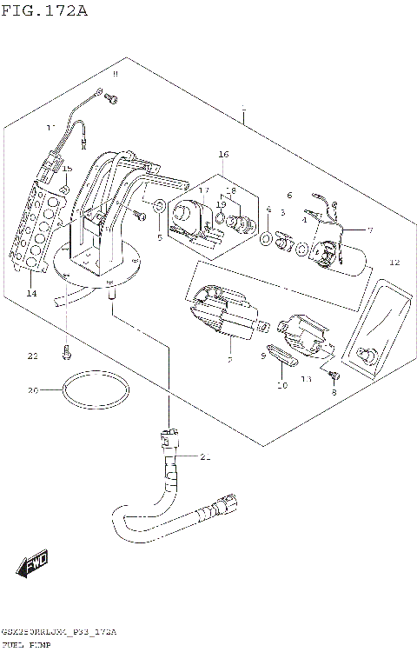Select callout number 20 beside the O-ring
coord(33,390)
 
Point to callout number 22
coord(33,356)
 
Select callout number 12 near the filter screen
coord(394,262)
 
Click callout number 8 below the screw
coord(333,393)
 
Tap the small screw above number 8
coord(332,376)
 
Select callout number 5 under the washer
coord(160,237)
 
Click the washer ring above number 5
coord(160,207)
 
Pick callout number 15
coord(67,168)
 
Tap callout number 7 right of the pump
coord(369,230)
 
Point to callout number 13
coord(306,380)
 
